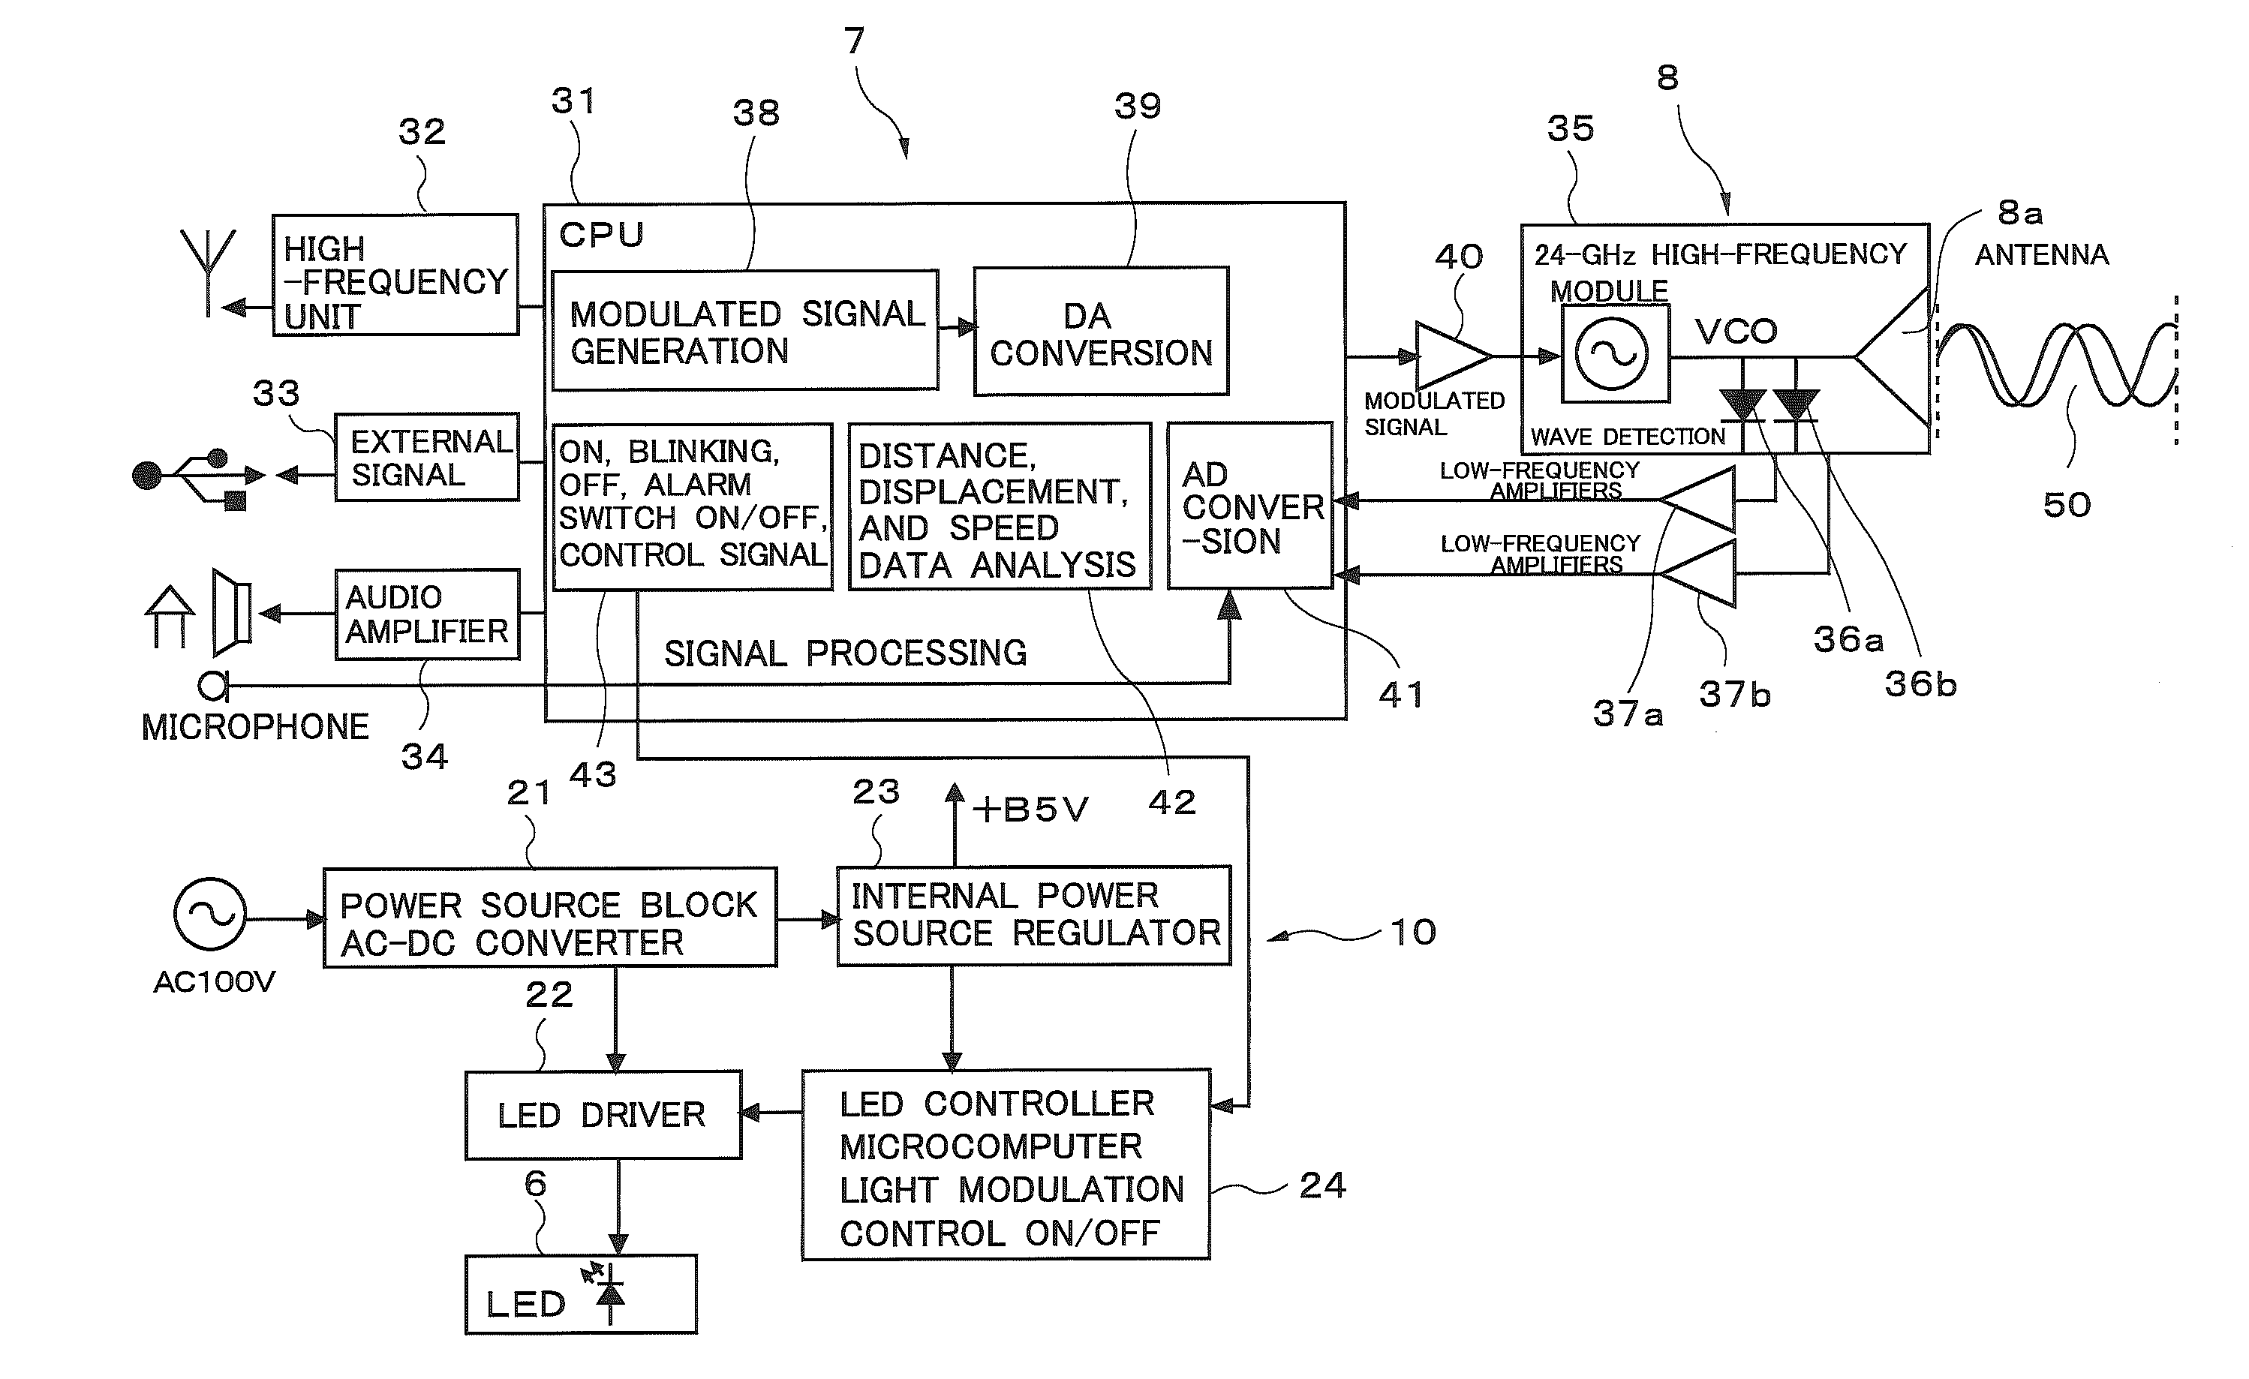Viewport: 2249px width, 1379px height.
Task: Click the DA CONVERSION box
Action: tap(1101, 332)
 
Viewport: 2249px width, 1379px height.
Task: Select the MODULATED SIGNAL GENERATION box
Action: tap(745, 330)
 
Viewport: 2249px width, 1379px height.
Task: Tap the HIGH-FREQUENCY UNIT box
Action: tap(395, 275)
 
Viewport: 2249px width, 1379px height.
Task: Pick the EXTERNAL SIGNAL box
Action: tap(426, 457)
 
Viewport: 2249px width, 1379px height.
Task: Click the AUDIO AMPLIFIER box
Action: tap(427, 614)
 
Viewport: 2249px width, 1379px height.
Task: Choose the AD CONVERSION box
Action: tap(1249, 506)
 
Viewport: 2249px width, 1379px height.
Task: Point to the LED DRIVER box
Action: tap(603, 1114)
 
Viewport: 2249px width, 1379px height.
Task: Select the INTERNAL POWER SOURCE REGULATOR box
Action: tap(1033, 915)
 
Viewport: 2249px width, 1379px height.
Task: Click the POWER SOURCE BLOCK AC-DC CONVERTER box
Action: tap(549, 917)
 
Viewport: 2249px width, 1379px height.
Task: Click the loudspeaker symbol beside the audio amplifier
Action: tap(232, 612)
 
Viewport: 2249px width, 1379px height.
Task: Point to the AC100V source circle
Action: tap(210, 915)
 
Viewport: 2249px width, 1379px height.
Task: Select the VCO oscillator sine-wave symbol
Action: tap(1613, 354)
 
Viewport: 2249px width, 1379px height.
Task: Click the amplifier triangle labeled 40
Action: tap(1453, 356)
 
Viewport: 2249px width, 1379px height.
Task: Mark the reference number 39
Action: tap(1138, 107)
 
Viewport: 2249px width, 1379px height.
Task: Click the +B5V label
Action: tap(1030, 810)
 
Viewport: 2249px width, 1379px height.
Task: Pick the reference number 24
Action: tap(1321, 1185)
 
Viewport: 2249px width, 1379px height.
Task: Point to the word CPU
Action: tap(602, 235)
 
